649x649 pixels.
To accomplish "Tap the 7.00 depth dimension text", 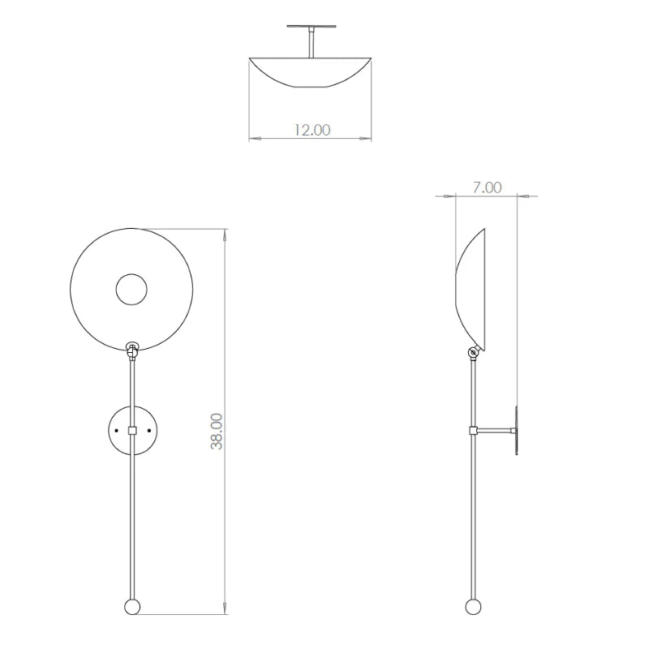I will coord(487,187).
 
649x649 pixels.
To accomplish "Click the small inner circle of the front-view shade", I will coord(131,290).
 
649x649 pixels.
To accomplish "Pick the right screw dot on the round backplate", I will coord(148,430).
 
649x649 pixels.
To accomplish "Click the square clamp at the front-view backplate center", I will coord(132,430).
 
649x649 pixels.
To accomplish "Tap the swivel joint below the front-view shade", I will coord(131,350).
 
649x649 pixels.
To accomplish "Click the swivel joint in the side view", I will coord(472,352).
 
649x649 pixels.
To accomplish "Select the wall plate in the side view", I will coord(515,430).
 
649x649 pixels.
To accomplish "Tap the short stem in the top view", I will coord(309,41).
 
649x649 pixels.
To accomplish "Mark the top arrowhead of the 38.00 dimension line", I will coord(225,234).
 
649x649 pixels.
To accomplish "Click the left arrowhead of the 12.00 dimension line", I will coord(252,140).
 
